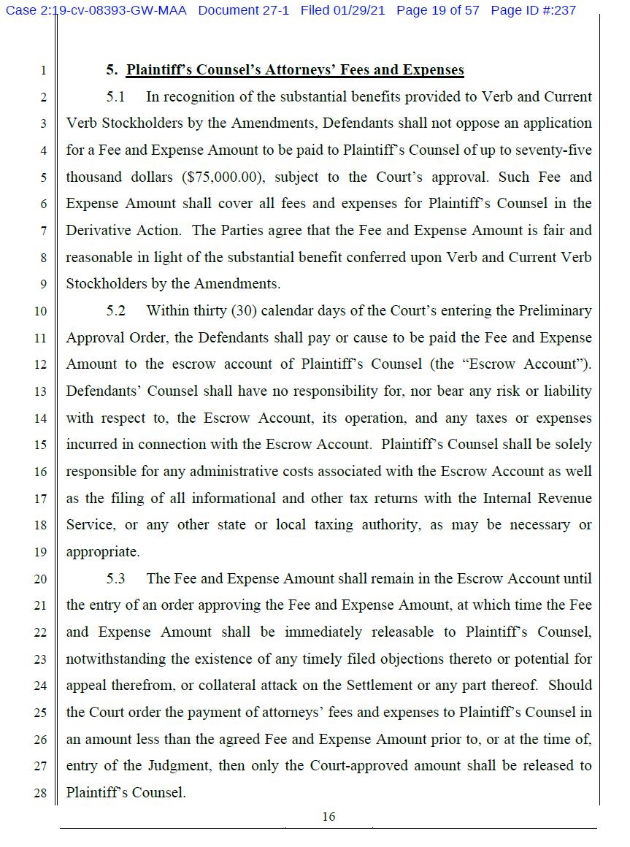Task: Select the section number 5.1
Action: tap(116, 97)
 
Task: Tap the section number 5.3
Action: tap(116, 579)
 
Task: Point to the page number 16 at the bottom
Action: tap(329, 816)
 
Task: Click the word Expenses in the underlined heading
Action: tap(429, 71)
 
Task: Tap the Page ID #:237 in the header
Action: tap(533, 10)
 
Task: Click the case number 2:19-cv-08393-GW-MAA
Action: tap(111, 10)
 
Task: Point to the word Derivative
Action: tap(97, 231)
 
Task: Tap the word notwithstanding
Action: tap(116, 659)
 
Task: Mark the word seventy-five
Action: tap(554, 150)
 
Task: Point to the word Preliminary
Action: tap(555, 311)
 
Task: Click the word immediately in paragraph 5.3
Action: tap(323, 632)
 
